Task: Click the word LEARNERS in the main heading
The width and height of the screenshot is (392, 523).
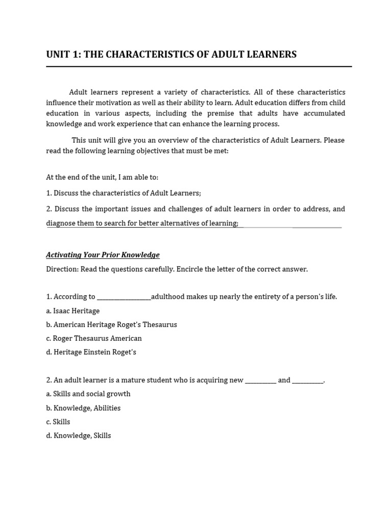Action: click(x=271, y=55)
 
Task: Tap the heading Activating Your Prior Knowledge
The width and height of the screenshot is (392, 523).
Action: click(x=103, y=255)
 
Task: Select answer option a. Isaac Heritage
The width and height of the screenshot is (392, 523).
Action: click(x=73, y=311)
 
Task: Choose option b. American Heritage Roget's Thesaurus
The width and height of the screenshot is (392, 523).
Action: click(x=111, y=325)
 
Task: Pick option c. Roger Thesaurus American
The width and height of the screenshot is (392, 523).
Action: click(x=94, y=339)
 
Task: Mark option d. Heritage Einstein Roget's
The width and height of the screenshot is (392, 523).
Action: click(x=91, y=352)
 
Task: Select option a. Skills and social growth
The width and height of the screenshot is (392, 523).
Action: click(x=88, y=394)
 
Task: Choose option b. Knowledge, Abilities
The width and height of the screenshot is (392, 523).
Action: click(x=83, y=408)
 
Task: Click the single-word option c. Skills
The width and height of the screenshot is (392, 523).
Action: click(x=58, y=422)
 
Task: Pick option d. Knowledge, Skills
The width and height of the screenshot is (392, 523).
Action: click(x=79, y=436)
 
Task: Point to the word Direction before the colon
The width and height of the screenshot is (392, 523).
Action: click(x=62, y=269)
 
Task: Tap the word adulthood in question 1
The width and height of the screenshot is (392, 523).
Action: click(x=168, y=297)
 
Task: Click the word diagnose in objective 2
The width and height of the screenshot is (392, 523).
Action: click(x=61, y=223)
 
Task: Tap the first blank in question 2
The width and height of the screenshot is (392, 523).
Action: click(x=261, y=381)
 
